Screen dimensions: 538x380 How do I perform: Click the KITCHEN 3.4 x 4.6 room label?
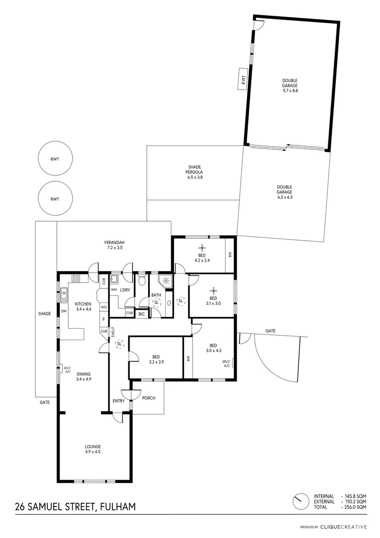coord(83,306)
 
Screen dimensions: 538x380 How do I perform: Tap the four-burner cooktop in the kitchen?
coord(76,279)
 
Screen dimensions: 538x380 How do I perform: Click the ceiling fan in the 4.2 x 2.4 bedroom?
coord(202,248)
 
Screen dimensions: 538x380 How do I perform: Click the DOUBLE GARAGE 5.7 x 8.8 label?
coord(290,86)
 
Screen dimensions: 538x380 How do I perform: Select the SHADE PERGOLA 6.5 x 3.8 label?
coord(194,172)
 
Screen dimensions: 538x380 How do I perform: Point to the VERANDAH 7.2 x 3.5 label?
coord(114,244)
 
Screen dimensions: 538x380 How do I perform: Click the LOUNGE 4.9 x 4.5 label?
coord(93,449)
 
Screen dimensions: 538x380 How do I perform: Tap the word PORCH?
coord(149,398)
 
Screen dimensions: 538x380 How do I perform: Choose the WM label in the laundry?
coord(113,289)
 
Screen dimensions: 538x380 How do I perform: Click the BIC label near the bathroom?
coord(142,314)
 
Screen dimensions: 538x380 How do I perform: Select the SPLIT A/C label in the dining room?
coord(67,369)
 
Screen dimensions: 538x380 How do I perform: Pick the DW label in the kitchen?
coord(64,311)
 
